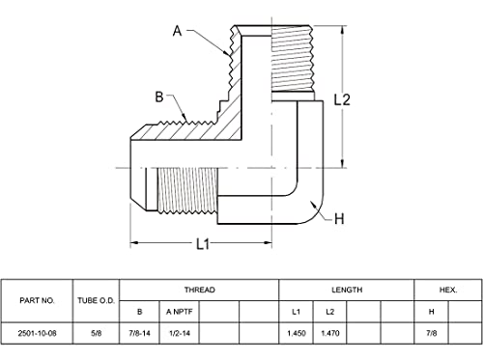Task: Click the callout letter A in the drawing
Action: (178, 31)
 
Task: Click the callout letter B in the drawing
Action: (159, 97)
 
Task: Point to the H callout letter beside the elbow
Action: (339, 219)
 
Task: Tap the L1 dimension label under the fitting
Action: (203, 244)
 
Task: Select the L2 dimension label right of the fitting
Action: (342, 99)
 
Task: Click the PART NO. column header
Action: (37, 300)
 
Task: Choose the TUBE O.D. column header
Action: (96, 300)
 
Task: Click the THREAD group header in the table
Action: (199, 290)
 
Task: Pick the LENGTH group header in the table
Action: (347, 290)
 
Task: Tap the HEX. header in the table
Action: (448, 290)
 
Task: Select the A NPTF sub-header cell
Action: (180, 312)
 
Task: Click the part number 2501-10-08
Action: (37, 333)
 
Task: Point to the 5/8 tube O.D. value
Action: (96, 333)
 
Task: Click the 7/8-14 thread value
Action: (139, 333)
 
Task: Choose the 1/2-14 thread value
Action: (180, 333)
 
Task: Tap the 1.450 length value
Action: (297, 333)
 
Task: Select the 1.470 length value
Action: (330, 333)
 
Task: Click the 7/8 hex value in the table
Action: (431, 333)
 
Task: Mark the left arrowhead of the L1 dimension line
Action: (134, 242)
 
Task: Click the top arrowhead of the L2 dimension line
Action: (343, 30)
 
